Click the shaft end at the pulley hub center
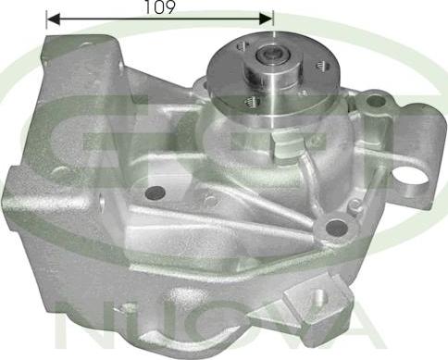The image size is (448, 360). click(274, 56)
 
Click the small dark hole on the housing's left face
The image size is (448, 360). click(156, 192)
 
